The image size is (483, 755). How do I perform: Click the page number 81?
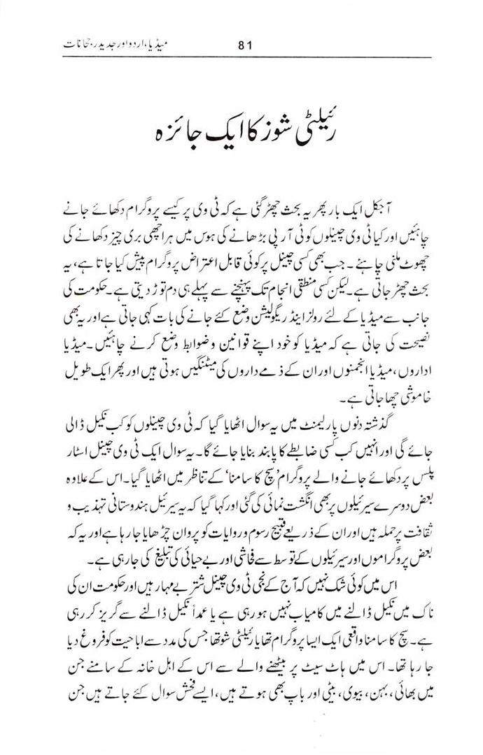tap(244, 47)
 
